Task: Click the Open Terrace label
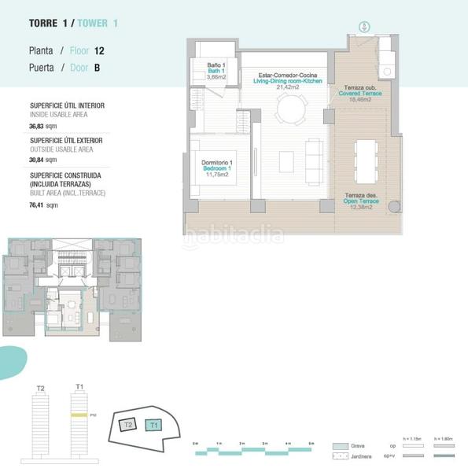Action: point(361,201)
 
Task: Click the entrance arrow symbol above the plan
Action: point(363,28)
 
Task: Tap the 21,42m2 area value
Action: point(288,87)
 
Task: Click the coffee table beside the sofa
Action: point(286,161)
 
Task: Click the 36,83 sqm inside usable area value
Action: point(44,125)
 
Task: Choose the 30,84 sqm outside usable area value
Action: point(44,160)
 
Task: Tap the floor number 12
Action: point(99,50)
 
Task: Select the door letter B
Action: point(97,68)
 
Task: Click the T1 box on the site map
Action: point(154,426)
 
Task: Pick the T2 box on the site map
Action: point(128,424)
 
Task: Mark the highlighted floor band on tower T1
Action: point(78,414)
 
